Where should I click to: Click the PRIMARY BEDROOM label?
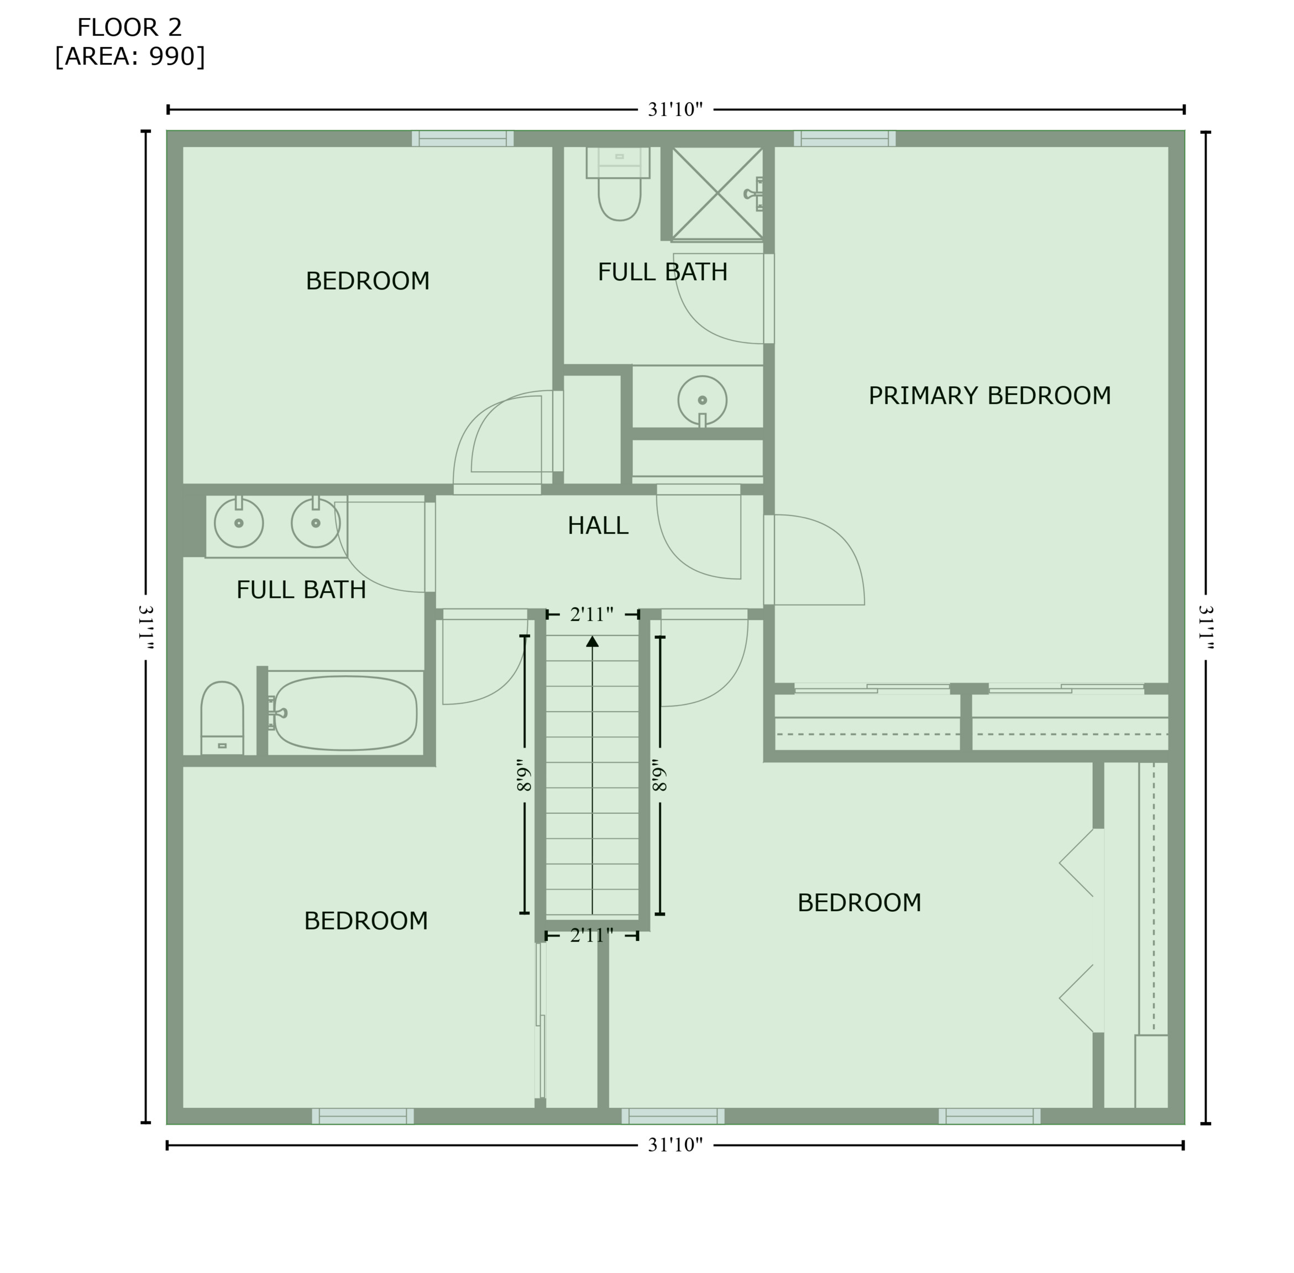click(989, 396)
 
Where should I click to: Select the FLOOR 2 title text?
click(129, 28)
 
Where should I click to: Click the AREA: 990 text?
click(130, 57)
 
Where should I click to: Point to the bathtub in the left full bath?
click(345, 713)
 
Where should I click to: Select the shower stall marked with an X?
click(717, 193)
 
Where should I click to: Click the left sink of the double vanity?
click(239, 523)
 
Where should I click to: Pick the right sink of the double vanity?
click(316, 523)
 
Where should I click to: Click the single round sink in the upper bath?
click(702, 401)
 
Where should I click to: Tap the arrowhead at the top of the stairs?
click(592, 641)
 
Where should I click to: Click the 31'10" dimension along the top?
click(675, 109)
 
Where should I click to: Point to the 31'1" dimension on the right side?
click(1206, 627)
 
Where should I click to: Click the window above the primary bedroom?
click(845, 138)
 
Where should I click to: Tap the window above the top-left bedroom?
click(462, 138)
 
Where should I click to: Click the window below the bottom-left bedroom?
click(363, 1116)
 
